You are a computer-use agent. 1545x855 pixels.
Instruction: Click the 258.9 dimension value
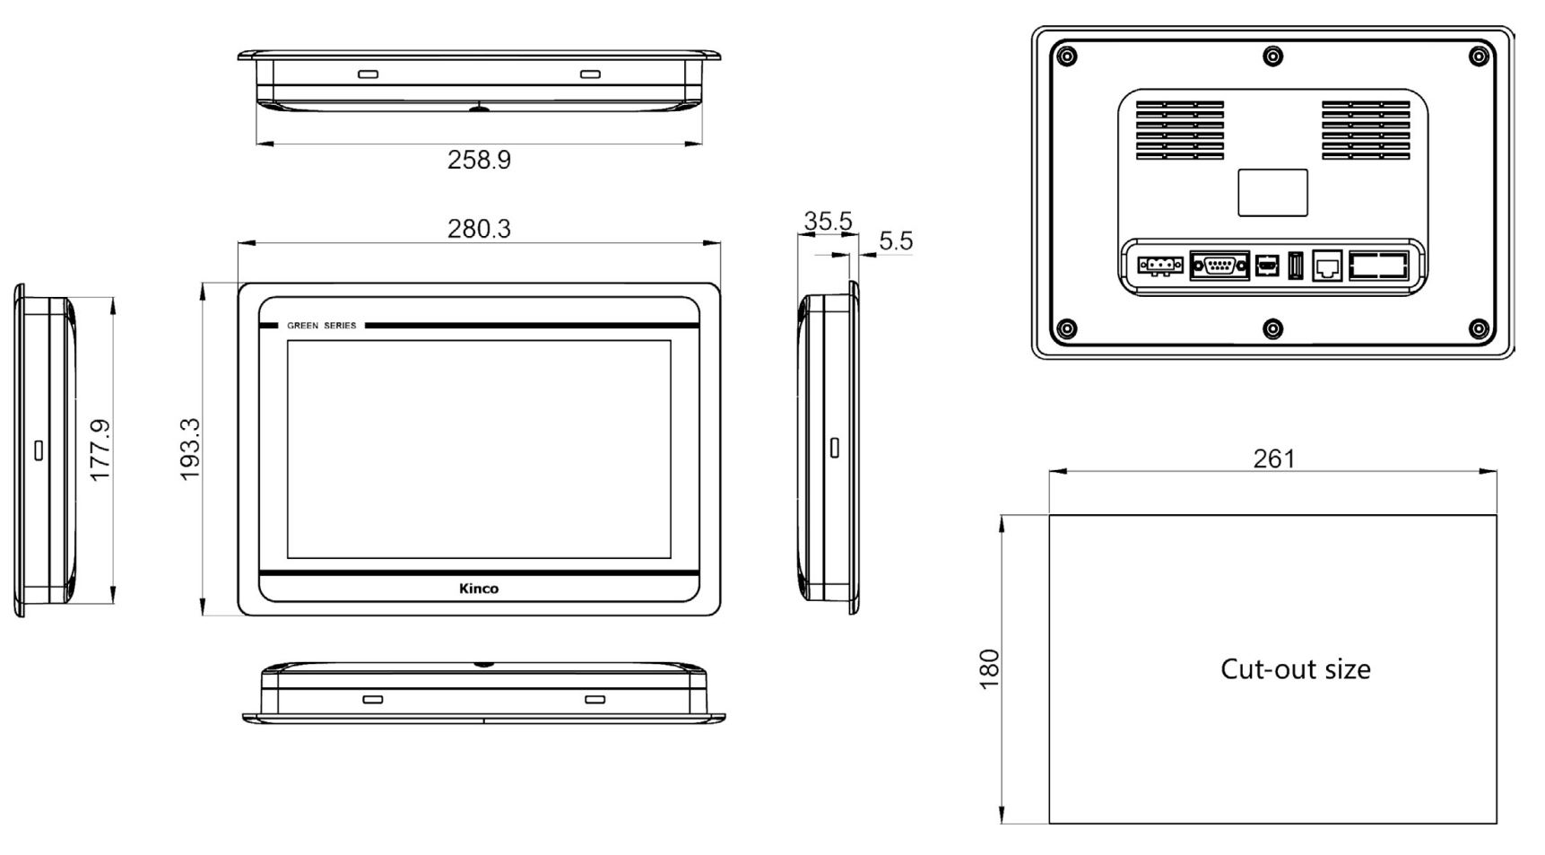479,160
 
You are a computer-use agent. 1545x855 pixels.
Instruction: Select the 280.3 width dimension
479,229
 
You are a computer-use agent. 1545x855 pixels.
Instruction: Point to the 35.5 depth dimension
827,221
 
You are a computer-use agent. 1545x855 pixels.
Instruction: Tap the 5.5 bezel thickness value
895,240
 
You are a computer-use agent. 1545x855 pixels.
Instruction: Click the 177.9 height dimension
100,449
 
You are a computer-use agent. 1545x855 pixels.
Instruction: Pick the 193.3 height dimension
189,449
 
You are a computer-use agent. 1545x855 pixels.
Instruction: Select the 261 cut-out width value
1273,458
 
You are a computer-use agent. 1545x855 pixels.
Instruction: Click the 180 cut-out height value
988,668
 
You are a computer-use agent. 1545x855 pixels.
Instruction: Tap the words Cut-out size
1295,669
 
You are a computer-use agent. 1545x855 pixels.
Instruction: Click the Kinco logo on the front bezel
479,589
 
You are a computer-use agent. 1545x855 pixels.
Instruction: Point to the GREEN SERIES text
321,326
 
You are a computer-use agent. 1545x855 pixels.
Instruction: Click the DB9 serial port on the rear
1220,266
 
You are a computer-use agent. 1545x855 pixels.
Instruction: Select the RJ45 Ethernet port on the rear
1327,266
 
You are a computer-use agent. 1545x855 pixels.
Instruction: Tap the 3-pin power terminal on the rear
1160,266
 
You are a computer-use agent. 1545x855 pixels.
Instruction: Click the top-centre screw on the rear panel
1272,57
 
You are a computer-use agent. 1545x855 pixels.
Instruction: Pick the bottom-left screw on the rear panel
1066,328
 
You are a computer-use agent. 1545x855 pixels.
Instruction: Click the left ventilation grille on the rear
1179,130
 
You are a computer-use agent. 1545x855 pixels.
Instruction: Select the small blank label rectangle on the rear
1272,192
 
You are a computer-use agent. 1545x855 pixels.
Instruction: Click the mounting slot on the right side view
835,447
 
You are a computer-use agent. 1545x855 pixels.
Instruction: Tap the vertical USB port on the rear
1295,266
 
